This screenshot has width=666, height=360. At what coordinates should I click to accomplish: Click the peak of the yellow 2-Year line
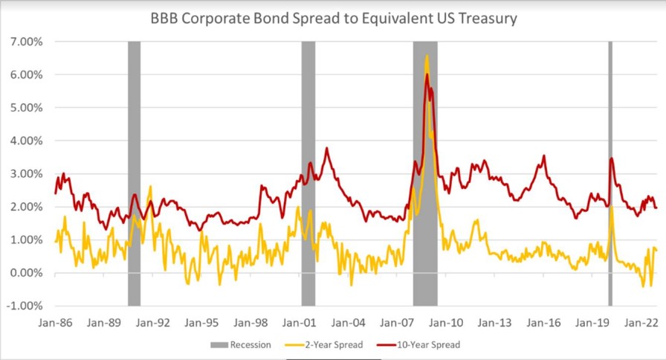(427, 57)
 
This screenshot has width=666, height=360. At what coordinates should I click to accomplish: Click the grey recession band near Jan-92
(134, 171)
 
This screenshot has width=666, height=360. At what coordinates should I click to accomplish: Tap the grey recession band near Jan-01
(308, 171)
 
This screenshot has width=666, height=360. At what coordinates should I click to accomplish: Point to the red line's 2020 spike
(611, 158)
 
